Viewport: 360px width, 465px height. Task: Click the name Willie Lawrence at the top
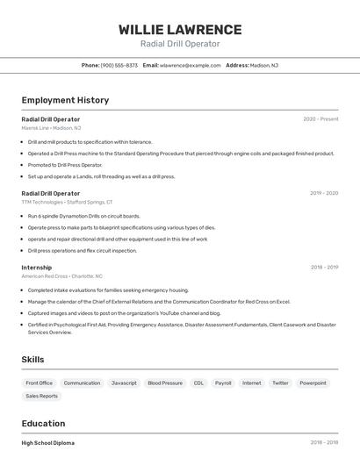click(x=180, y=29)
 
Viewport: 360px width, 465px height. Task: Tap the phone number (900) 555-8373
click(x=119, y=65)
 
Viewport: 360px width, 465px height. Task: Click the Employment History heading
click(x=65, y=100)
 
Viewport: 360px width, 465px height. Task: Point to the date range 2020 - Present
click(x=320, y=119)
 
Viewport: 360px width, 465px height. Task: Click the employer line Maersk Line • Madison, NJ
click(x=51, y=128)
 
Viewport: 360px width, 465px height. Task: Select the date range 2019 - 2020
click(x=324, y=193)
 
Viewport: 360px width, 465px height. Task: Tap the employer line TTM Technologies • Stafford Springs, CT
click(x=67, y=202)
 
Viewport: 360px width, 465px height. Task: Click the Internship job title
click(x=37, y=268)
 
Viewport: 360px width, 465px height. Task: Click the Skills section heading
click(x=32, y=359)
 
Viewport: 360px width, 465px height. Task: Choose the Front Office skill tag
click(x=40, y=383)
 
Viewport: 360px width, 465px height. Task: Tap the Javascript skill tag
click(x=124, y=383)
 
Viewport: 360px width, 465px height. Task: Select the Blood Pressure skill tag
click(x=165, y=383)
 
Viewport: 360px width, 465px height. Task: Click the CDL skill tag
click(x=198, y=383)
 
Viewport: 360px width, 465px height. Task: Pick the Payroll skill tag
click(x=223, y=383)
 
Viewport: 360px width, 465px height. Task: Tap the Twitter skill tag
click(x=280, y=383)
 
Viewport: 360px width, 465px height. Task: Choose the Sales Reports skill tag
click(x=42, y=397)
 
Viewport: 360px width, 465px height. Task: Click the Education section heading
click(x=43, y=423)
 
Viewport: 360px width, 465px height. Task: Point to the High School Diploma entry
click(x=48, y=443)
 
